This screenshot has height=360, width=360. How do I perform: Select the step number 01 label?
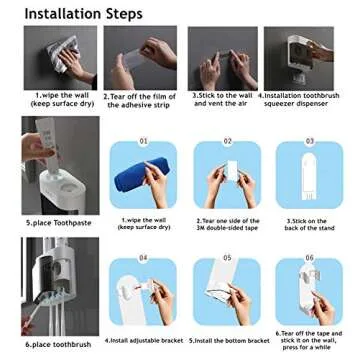tap(145, 141)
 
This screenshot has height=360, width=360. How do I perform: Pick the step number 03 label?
tap(310, 141)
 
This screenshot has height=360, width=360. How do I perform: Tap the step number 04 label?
tap(145, 258)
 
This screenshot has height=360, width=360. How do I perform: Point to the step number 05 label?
tap(227, 258)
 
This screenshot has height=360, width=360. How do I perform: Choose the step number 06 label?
tap(310, 258)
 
